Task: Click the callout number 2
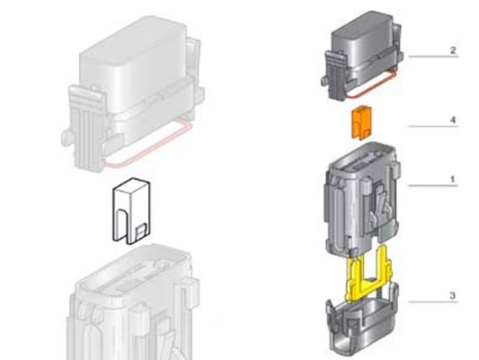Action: pyautogui.click(x=453, y=50)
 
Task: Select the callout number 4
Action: pyautogui.click(x=453, y=120)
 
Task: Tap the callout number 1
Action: pyautogui.click(x=453, y=179)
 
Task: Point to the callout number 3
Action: pyautogui.click(x=453, y=295)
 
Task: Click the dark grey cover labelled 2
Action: pyautogui.click(x=361, y=55)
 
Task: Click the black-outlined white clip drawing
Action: pyautogui.click(x=131, y=211)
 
